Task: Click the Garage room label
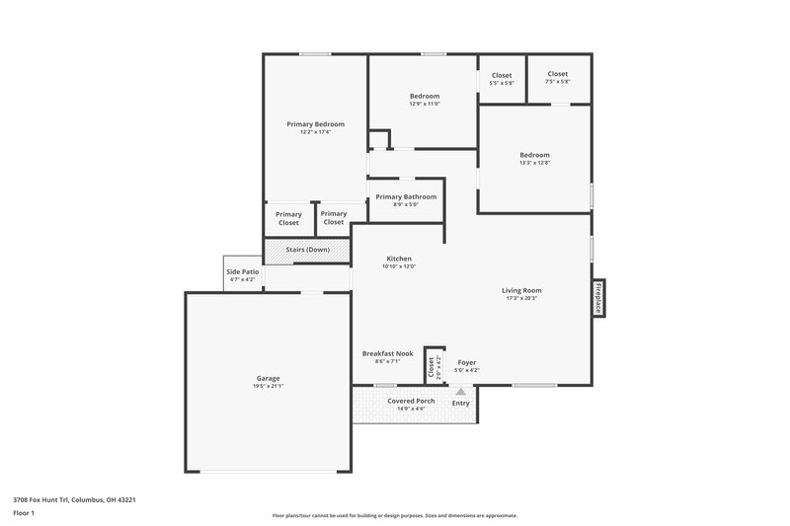click(x=268, y=378)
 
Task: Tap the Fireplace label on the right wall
click(x=597, y=298)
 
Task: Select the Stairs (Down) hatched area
click(x=307, y=250)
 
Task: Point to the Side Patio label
click(x=242, y=271)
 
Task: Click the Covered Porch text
click(x=411, y=402)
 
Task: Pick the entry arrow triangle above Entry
click(x=460, y=392)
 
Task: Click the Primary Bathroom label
click(x=406, y=196)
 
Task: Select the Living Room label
click(x=521, y=290)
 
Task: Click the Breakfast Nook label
click(x=385, y=353)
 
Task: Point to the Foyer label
click(x=466, y=362)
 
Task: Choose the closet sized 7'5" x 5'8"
click(x=558, y=78)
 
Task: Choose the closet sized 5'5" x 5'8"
click(x=502, y=78)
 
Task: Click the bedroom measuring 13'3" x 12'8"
click(x=535, y=159)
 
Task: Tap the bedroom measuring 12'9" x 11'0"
click(x=425, y=100)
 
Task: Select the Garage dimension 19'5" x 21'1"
click(x=268, y=386)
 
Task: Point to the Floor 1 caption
click(x=24, y=514)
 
